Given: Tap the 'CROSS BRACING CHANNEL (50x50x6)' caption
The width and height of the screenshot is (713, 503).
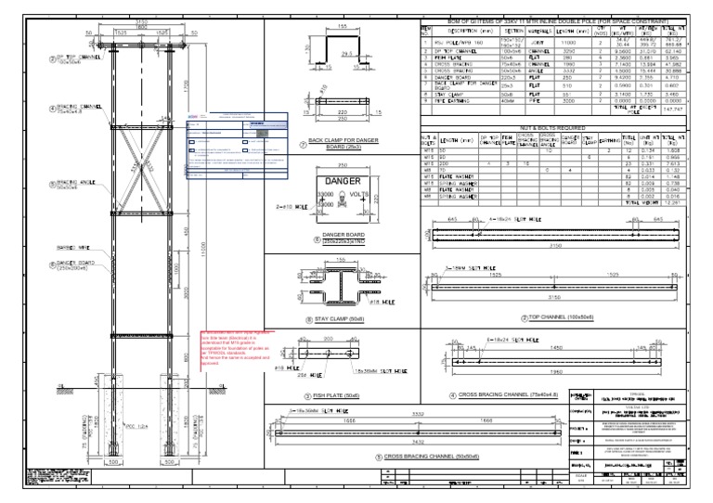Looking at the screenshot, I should (436, 458).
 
